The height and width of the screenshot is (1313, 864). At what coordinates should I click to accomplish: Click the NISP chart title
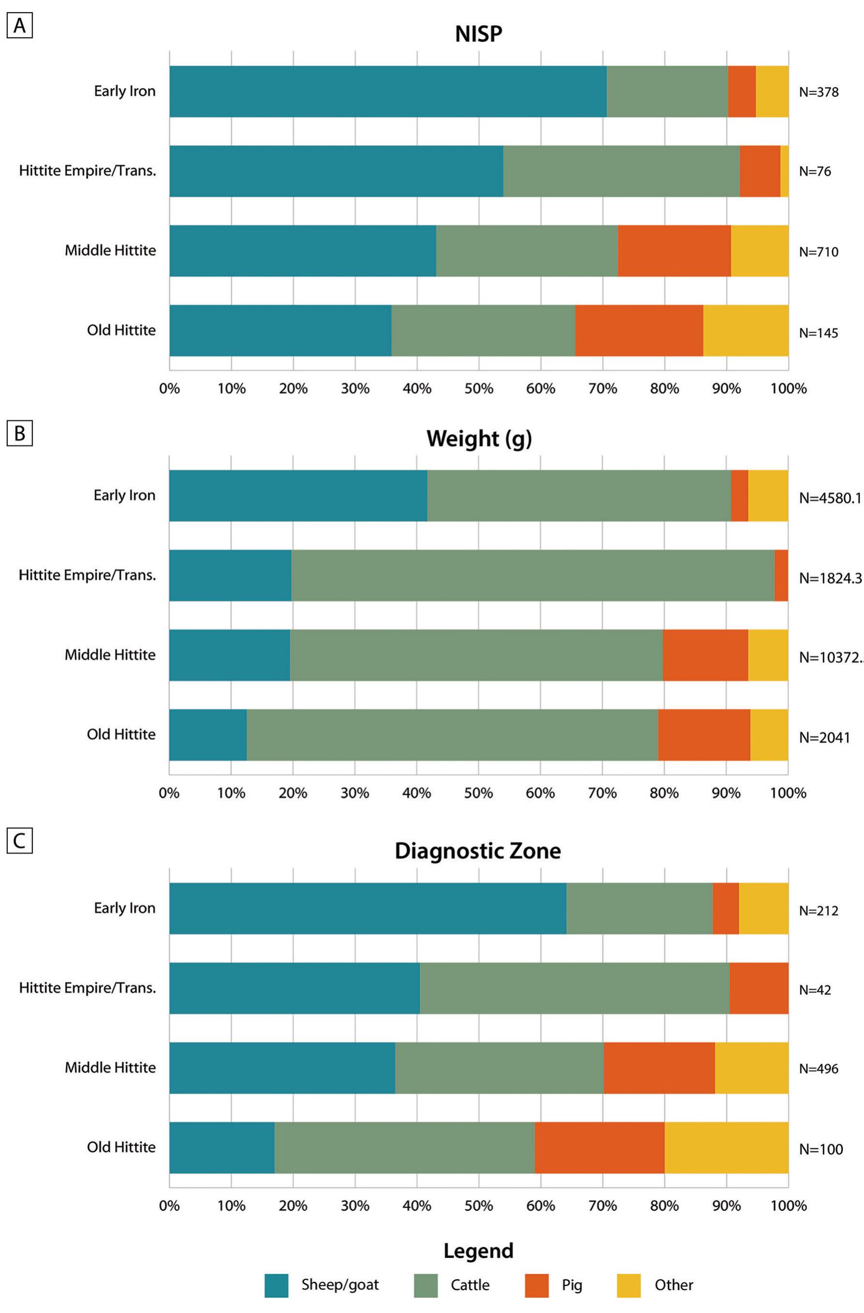point(478,34)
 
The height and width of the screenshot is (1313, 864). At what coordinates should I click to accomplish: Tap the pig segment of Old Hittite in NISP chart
point(638,330)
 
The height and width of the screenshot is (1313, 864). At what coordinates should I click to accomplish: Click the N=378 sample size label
point(818,92)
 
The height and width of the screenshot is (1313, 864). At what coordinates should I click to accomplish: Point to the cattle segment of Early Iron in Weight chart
point(578,495)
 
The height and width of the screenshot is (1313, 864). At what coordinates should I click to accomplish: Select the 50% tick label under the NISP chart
point(478,388)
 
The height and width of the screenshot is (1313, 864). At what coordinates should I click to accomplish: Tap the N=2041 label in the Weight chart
point(824,738)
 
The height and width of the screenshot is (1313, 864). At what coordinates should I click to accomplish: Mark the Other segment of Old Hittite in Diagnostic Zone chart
point(726,1148)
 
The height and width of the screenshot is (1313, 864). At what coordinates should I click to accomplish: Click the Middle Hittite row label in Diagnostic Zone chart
point(110,1067)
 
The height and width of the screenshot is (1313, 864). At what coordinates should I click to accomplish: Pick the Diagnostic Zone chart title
point(477,851)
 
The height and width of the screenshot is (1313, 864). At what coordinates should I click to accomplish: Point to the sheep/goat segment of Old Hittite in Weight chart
point(207,734)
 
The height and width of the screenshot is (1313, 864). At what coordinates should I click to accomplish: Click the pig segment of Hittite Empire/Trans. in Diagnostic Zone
point(758,988)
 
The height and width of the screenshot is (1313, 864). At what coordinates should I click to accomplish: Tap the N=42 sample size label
point(814,990)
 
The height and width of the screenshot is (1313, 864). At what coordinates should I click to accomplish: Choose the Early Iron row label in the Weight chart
point(124,495)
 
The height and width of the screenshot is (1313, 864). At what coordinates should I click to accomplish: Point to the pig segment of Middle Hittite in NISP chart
point(674,251)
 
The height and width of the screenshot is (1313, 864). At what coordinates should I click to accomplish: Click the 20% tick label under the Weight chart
point(293,793)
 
